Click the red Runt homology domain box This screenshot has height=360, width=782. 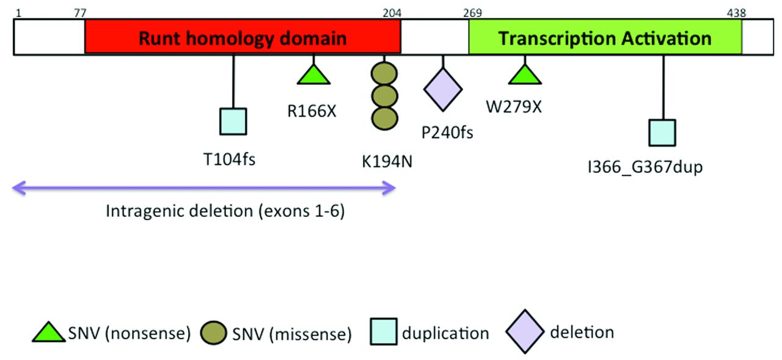pos(243,38)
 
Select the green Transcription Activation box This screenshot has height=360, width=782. pos(605,38)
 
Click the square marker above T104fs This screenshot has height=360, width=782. pos(233,121)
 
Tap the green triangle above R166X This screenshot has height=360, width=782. pos(313,75)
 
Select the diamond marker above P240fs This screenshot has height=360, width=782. pos(443,89)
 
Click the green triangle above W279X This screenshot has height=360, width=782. pos(525,75)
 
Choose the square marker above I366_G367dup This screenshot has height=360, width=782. pos(662,133)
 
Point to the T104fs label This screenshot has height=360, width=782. pos(230,161)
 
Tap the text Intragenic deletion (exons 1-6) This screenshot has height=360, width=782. pos(225,212)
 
